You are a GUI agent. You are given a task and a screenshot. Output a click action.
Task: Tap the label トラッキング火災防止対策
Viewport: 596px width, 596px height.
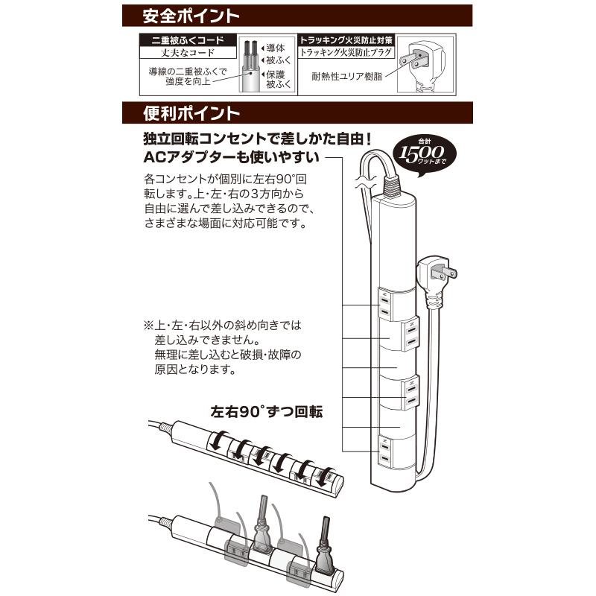[346, 40]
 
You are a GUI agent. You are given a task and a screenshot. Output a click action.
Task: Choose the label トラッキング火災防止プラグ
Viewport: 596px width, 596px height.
[346, 53]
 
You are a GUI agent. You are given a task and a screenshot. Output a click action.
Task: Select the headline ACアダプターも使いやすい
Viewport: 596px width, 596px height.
[232, 158]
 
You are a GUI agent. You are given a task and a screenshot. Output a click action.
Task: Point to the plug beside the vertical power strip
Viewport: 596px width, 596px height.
[440, 274]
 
